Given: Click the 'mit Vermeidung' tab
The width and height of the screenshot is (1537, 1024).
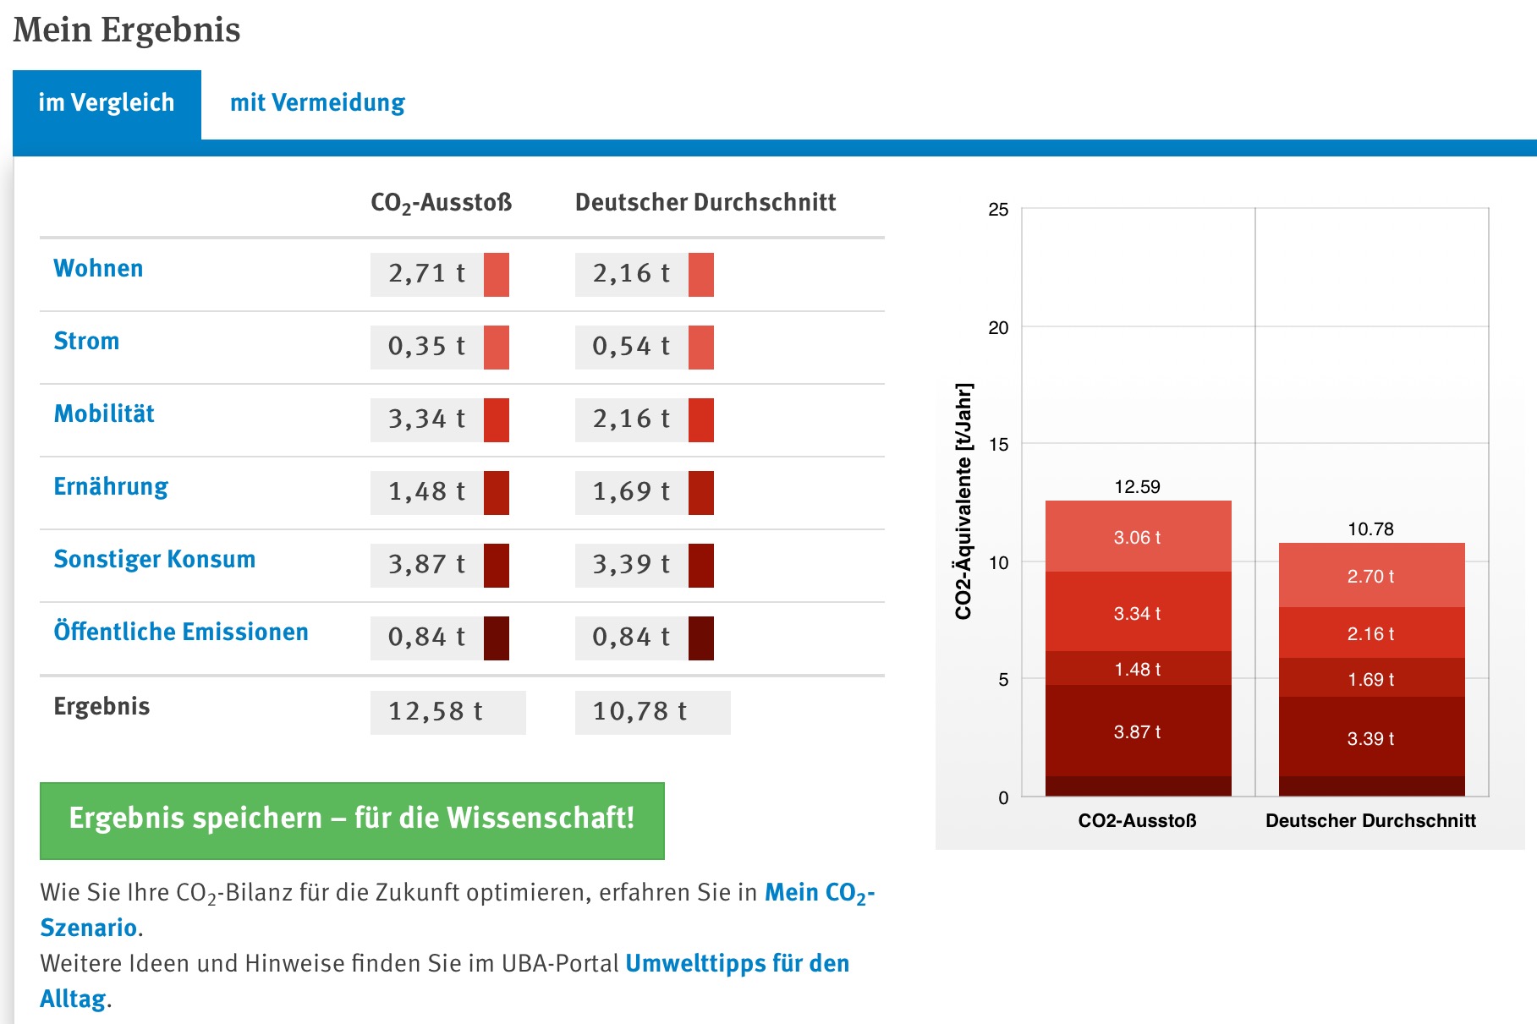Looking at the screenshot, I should [x=317, y=103].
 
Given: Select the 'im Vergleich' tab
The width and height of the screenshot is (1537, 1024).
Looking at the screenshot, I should [x=107, y=103].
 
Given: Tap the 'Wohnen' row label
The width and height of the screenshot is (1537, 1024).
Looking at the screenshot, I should [x=98, y=269].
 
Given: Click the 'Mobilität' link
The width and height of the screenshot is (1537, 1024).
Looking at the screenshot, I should [x=104, y=414].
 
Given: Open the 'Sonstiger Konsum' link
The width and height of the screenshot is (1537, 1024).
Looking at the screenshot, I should [x=154, y=560].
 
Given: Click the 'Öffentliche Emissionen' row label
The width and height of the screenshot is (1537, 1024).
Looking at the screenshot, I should [x=181, y=632].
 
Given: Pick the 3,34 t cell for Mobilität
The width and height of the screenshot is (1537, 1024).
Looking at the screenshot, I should [x=427, y=419].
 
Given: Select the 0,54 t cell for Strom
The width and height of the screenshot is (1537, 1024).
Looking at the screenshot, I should [x=631, y=347].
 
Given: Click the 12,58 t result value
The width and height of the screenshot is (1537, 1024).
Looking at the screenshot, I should [x=436, y=712].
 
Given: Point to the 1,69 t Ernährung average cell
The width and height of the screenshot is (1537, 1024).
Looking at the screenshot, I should [x=631, y=492].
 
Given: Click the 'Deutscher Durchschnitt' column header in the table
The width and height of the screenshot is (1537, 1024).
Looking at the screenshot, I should [x=705, y=203].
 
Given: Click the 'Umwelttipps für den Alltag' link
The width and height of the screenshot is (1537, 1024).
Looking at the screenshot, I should [x=737, y=964].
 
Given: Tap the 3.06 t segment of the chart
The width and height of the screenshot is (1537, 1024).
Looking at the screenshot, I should [x=1138, y=537].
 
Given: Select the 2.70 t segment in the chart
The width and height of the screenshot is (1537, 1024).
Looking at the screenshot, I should [x=1371, y=576].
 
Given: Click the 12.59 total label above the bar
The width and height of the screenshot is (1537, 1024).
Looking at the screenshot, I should [x=1138, y=487].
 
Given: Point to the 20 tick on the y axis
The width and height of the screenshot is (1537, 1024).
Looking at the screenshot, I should [x=999, y=328].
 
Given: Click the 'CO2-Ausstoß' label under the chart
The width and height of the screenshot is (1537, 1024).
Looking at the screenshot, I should [x=1138, y=821].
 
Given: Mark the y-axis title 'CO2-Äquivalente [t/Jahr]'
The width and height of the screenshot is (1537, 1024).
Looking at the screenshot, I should [x=963, y=501].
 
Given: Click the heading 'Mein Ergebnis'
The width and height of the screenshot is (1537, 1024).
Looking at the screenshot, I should [x=127, y=30].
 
